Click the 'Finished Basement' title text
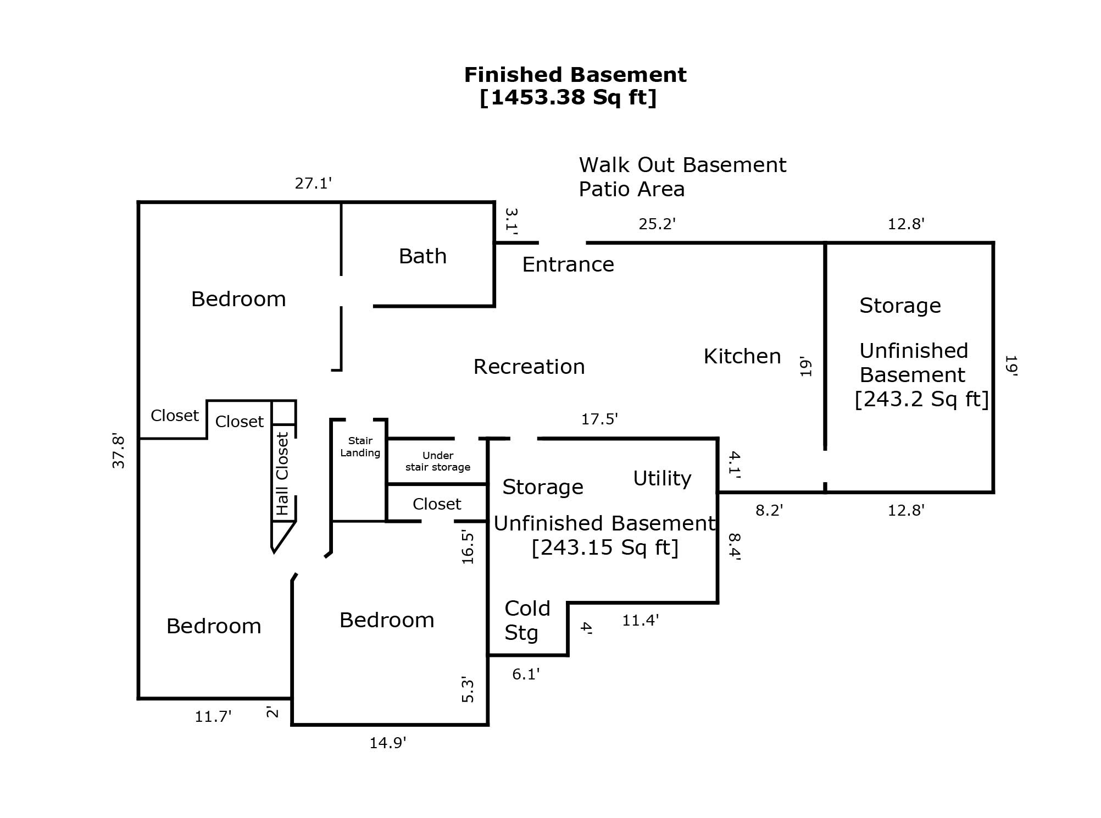pos(575,75)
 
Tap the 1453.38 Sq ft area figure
pos(568,97)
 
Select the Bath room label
pos(422,256)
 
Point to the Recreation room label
pos(529,367)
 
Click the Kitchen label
pos(742,356)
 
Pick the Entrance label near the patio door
pos(568,264)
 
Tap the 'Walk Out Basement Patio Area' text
pos(682,177)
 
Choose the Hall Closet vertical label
pos(282,474)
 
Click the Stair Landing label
pos(360,447)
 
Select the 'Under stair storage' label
pos(438,461)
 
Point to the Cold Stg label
pos(527,621)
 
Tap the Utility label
pos(662,478)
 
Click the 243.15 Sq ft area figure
pos(605,548)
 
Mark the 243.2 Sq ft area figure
pos(921,399)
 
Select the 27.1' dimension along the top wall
pos(313,183)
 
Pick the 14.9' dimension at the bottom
pos(388,743)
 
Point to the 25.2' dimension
pos(657,224)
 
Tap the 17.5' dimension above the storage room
pos(600,419)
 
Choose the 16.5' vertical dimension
pos(468,547)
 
